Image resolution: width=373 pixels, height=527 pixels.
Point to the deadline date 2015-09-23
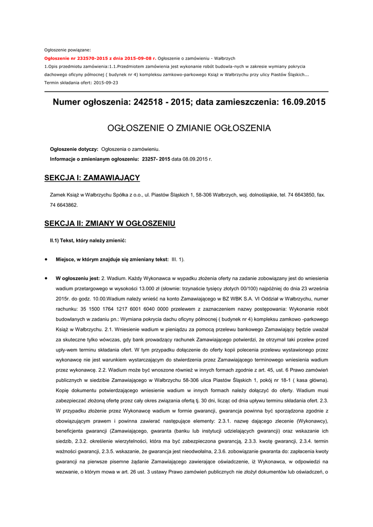click(x=105, y=82)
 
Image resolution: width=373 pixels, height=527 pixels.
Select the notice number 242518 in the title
click(x=148, y=102)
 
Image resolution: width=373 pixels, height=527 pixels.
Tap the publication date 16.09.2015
click(x=299, y=102)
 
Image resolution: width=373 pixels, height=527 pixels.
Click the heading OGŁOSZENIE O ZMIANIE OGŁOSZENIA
click(x=188, y=128)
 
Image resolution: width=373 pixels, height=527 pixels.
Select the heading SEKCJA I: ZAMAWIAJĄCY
click(x=92, y=178)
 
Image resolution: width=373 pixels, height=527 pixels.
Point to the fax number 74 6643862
click(x=64, y=205)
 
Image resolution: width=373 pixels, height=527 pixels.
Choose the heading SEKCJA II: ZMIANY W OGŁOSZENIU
click(x=110, y=223)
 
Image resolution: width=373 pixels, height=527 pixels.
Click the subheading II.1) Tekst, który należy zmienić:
click(x=88, y=240)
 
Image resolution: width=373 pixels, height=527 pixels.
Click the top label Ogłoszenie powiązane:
click(x=67, y=50)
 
